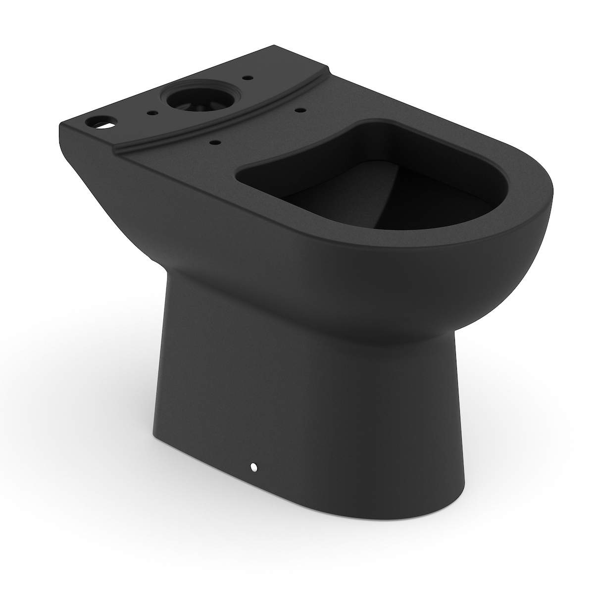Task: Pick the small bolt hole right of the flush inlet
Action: [245, 78]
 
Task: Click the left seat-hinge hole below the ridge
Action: [214, 142]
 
